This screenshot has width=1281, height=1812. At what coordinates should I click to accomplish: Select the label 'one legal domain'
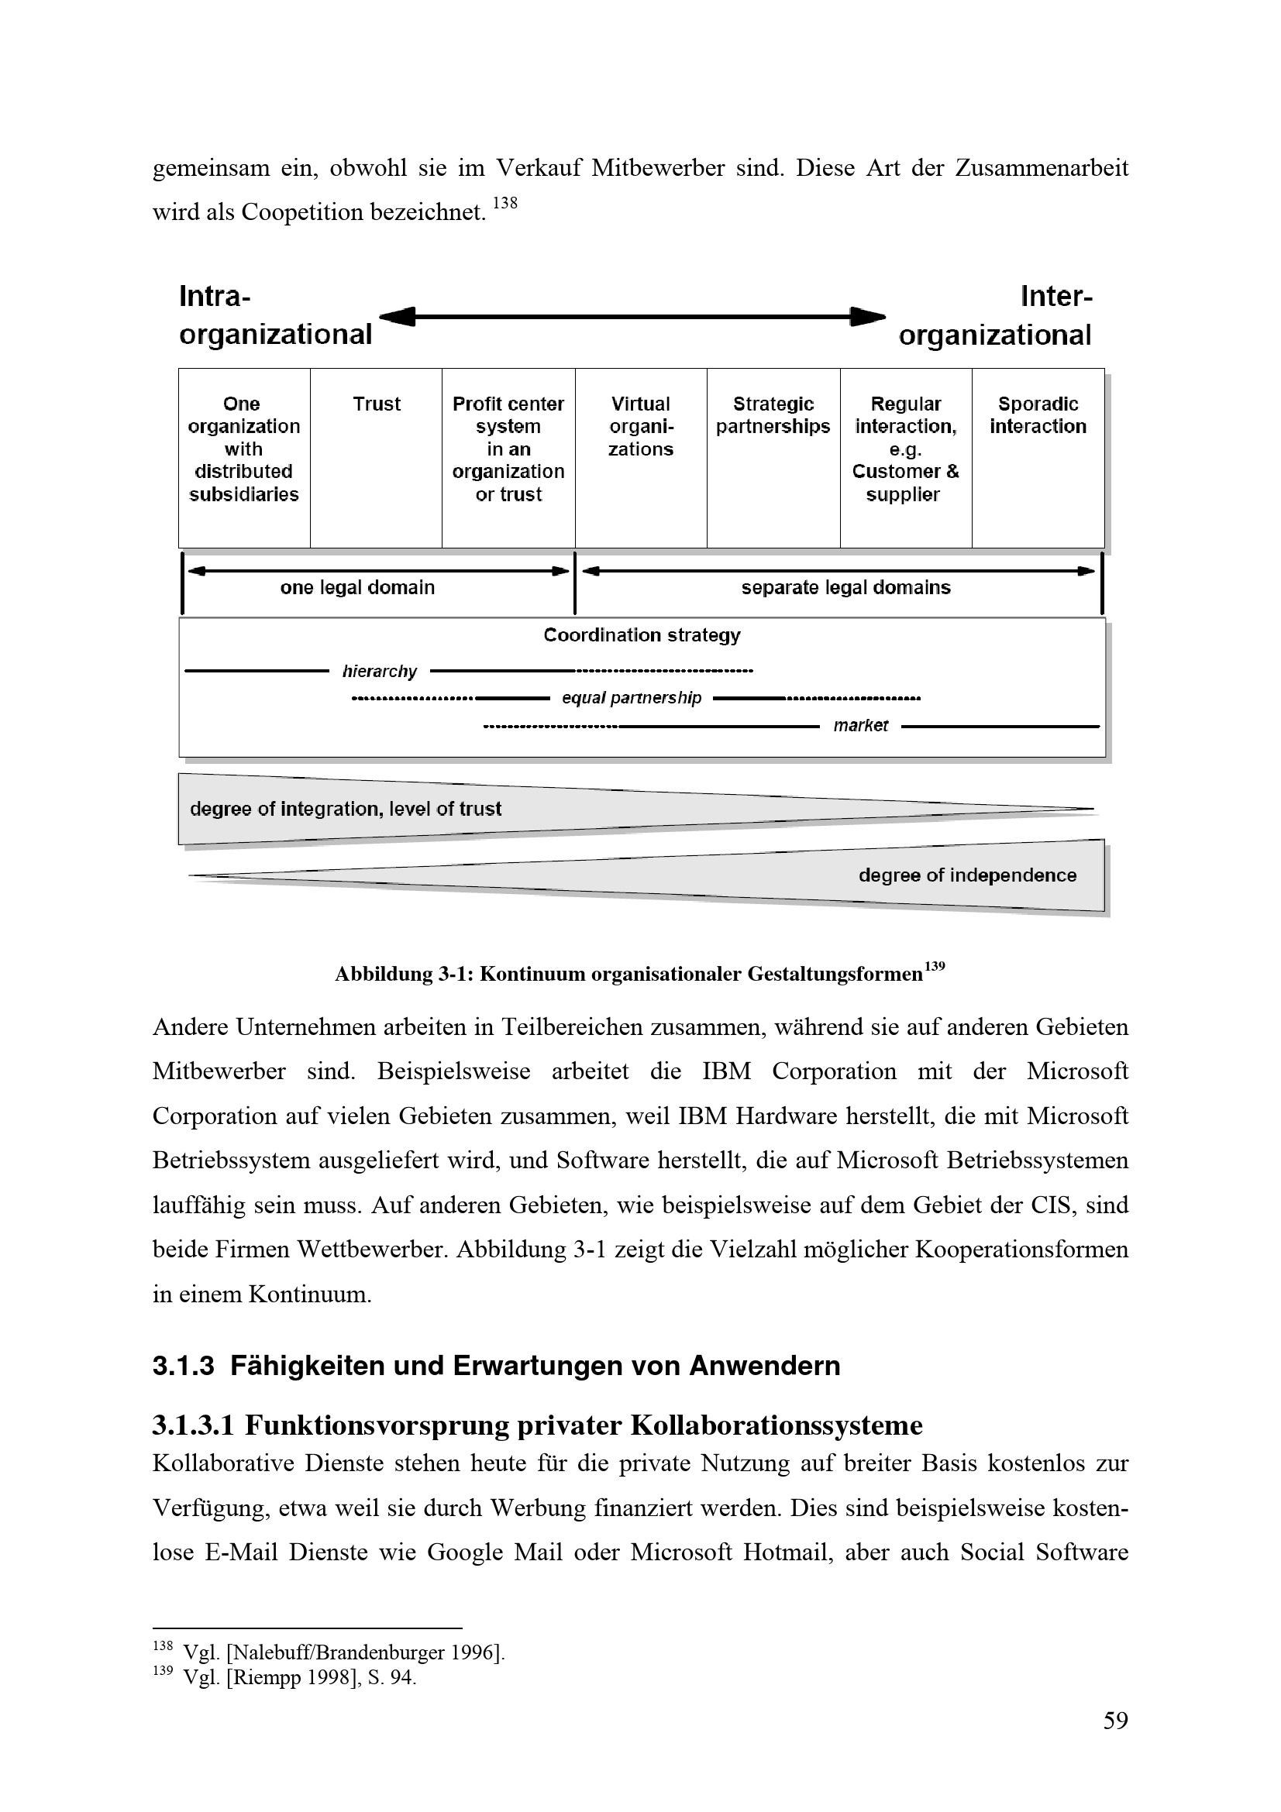(x=357, y=587)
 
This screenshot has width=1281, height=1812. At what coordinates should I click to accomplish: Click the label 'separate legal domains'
(x=845, y=587)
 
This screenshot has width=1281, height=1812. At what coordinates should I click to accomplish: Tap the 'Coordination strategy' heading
(x=642, y=635)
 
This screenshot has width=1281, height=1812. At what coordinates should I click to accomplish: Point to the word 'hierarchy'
(x=379, y=672)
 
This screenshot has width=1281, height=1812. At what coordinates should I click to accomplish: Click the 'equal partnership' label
(x=632, y=699)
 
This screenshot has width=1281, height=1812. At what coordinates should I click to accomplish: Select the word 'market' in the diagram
(x=860, y=726)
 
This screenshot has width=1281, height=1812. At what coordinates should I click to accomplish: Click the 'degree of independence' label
(x=967, y=875)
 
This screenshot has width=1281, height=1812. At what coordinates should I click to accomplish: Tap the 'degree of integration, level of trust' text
(x=346, y=809)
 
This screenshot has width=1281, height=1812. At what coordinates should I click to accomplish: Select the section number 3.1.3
(x=183, y=1366)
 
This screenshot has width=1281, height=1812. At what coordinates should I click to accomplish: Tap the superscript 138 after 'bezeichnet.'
(x=505, y=204)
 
